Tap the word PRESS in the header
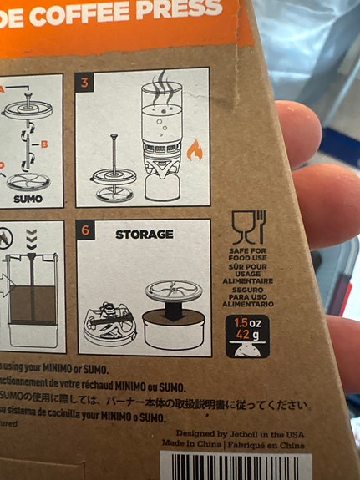coord(182,9)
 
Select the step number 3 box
coord(85,83)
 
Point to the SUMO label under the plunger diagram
coord(28,200)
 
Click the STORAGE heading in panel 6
coord(145,235)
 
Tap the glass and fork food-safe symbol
coord(248,226)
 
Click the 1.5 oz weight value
coord(248,323)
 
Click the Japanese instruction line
coord(159,404)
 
